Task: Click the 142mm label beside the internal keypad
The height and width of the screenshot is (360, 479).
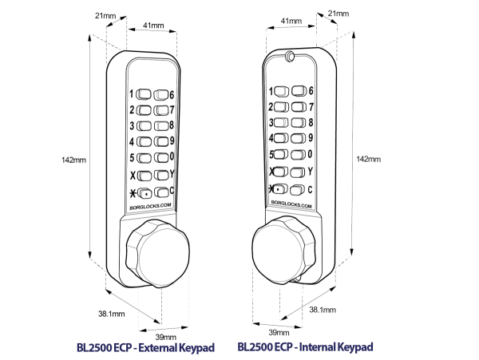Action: [366, 159]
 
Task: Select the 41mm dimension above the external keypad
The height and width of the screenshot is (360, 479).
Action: [153, 26]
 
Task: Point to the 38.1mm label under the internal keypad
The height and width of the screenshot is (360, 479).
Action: [322, 309]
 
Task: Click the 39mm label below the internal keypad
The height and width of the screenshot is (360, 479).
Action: [279, 331]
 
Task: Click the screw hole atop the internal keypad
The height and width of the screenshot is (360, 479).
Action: [289, 57]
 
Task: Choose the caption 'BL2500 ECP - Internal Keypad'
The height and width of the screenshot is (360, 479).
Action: [306, 348]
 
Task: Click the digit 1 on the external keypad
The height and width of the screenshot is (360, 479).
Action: [131, 93]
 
